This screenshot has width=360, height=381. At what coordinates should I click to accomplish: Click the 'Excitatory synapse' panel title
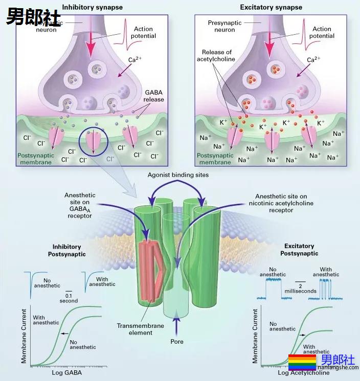tap(271, 7)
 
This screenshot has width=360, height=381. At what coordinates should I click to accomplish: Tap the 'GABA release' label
tap(154, 96)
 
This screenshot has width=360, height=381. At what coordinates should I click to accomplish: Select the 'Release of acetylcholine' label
tap(217, 56)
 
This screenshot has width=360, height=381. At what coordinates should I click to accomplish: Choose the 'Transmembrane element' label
tap(134, 329)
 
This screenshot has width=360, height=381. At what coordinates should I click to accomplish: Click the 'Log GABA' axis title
tap(66, 373)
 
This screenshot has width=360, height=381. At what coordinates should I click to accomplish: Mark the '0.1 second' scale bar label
tap(69, 298)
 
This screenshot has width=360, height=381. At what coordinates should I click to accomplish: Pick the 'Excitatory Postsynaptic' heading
tap(299, 249)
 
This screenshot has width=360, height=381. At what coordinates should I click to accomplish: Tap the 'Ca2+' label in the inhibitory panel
tap(134, 60)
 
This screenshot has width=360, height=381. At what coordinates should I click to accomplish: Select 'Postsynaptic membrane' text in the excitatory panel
tap(214, 158)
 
